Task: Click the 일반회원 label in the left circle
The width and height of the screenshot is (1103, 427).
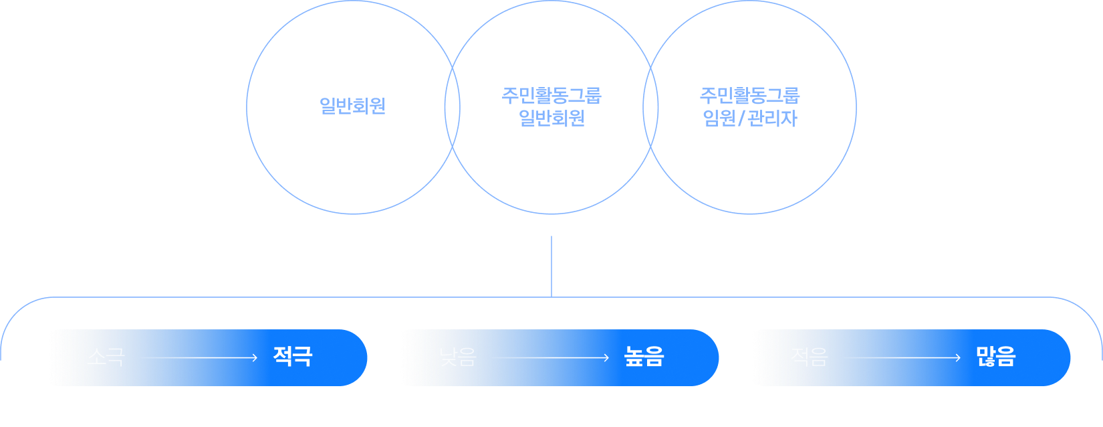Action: (x=352, y=106)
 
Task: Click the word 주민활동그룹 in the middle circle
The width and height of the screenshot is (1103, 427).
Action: (x=551, y=95)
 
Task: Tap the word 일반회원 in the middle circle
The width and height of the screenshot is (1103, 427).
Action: (x=551, y=118)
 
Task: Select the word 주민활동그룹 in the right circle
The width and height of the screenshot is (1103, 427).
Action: (x=749, y=95)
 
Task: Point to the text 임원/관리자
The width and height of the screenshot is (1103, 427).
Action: (x=749, y=118)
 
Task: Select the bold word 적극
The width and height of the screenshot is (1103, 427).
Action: (x=292, y=356)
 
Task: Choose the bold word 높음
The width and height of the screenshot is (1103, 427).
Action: (x=644, y=356)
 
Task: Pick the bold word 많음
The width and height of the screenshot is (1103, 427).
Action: (x=995, y=356)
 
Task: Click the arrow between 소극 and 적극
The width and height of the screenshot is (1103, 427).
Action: (x=199, y=358)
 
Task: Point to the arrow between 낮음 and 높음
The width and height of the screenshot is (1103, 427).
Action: (x=551, y=358)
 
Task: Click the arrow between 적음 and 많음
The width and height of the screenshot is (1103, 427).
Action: (x=902, y=358)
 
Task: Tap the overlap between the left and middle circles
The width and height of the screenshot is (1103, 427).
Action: (x=453, y=107)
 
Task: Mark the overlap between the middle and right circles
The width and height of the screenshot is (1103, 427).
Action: (x=650, y=107)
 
